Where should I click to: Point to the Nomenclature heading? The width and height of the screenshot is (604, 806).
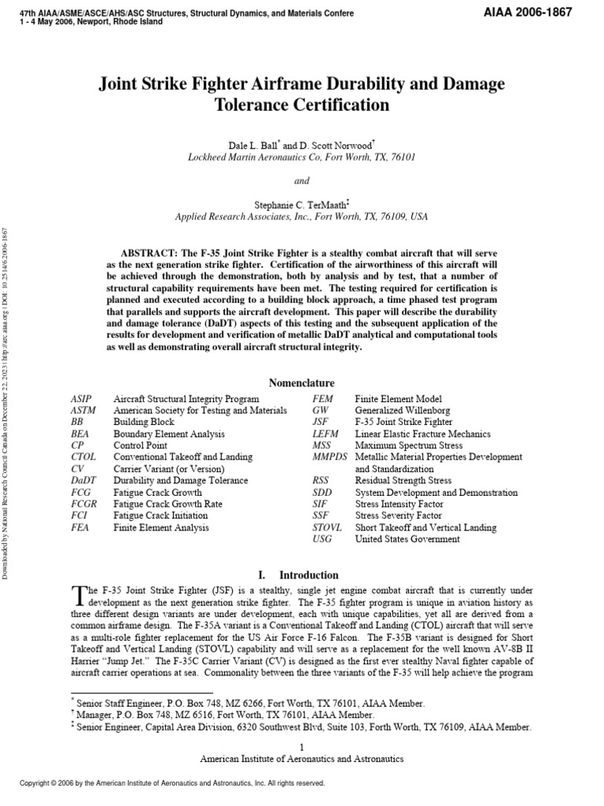(x=302, y=383)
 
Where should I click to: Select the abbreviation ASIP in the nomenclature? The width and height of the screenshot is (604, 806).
(x=80, y=399)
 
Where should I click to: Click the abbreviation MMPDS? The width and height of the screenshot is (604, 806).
(x=330, y=457)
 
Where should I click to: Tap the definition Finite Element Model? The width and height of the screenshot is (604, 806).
(x=398, y=399)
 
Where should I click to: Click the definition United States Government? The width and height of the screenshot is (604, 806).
(x=407, y=539)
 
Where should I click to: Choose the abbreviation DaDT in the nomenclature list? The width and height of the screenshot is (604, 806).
(x=82, y=480)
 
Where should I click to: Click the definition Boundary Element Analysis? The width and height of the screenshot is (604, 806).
(x=169, y=434)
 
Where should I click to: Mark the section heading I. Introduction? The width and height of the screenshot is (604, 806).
(x=302, y=575)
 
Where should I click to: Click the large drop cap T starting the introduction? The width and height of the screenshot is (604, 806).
(x=76, y=593)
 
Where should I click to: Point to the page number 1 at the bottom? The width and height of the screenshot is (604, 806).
(x=302, y=745)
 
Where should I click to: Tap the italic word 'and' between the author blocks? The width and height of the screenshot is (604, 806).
(x=302, y=179)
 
